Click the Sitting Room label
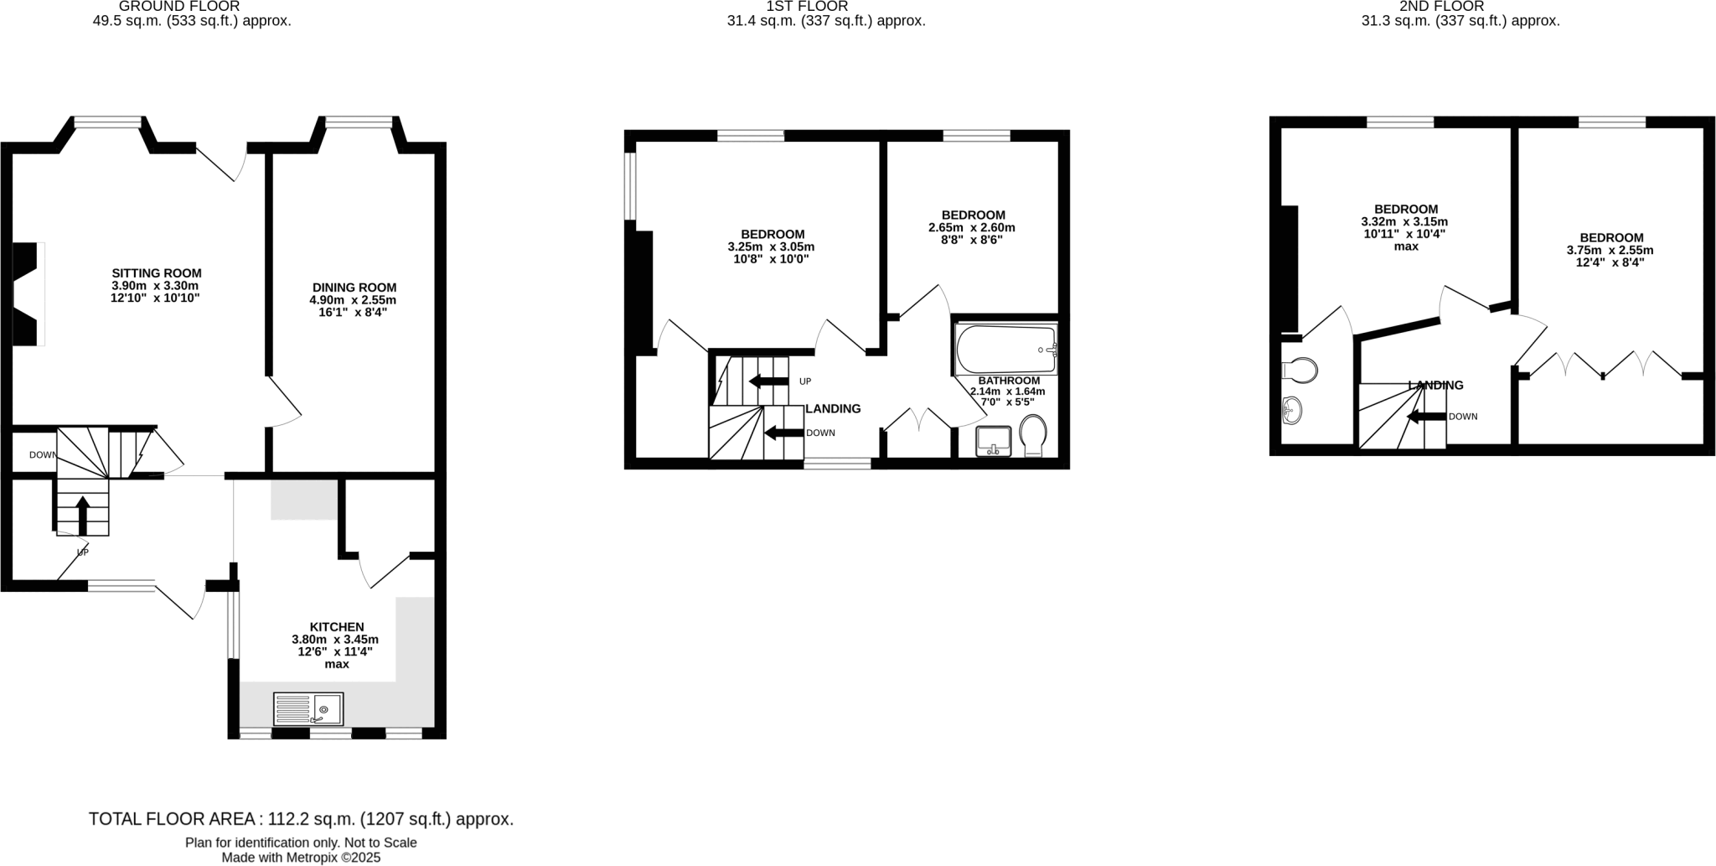tap(157, 273)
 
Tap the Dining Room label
tap(354, 288)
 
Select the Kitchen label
tap(337, 627)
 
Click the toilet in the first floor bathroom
tap(1033, 434)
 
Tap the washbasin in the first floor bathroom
tap(995, 440)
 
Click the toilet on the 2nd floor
tap(1300, 370)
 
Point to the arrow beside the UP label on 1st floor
tap(768, 381)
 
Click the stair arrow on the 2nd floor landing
tap(1427, 417)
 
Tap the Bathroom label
tap(1009, 381)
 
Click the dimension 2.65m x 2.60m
tap(972, 227)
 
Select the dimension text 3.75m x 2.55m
tap(1610, 250)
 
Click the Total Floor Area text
tap(301, 819)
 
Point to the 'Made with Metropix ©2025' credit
tap(301, 858)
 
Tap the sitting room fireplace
tap(27, 293)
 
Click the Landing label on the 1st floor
tap(833, 409)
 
